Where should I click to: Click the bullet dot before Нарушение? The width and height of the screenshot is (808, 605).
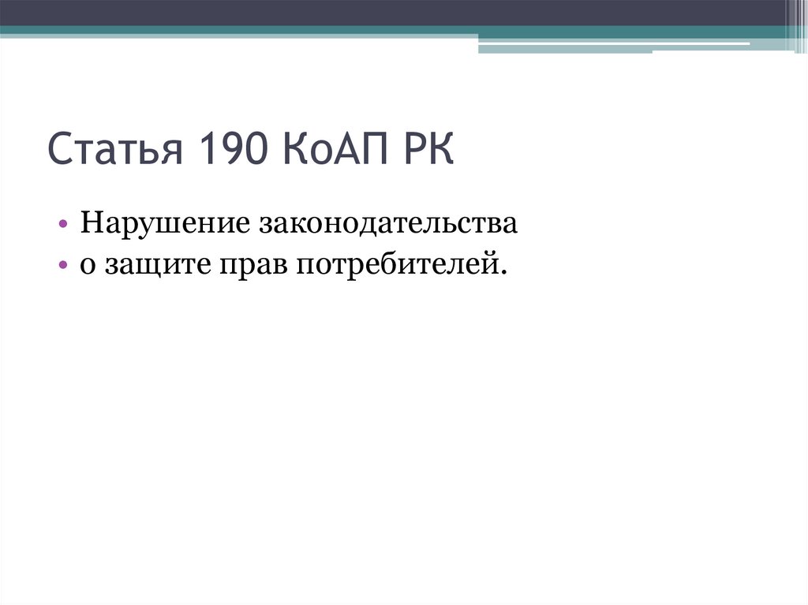tap(63, 225)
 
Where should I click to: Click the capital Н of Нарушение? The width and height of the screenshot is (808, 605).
tap(88, 224)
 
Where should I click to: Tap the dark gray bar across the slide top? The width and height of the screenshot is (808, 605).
tap(395, 13)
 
